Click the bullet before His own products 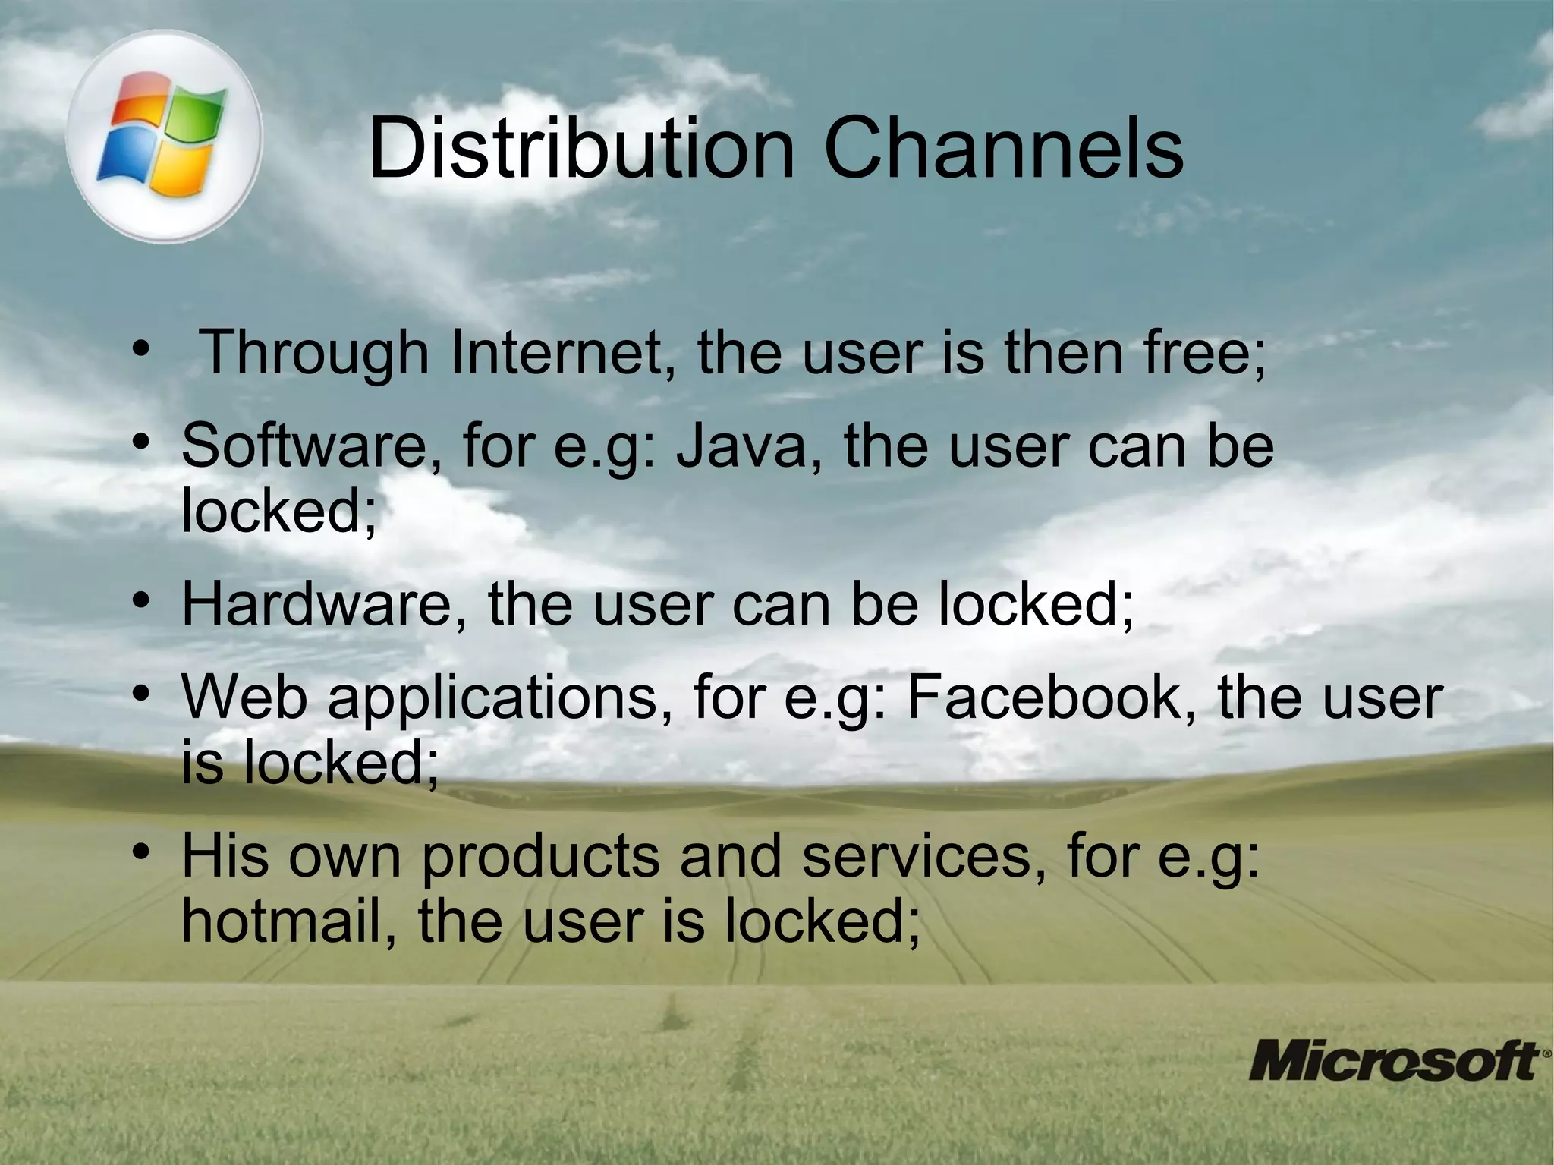pyautogui.click(x=140, y=853)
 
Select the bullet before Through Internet pyautogui.click(x=140, y=349)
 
